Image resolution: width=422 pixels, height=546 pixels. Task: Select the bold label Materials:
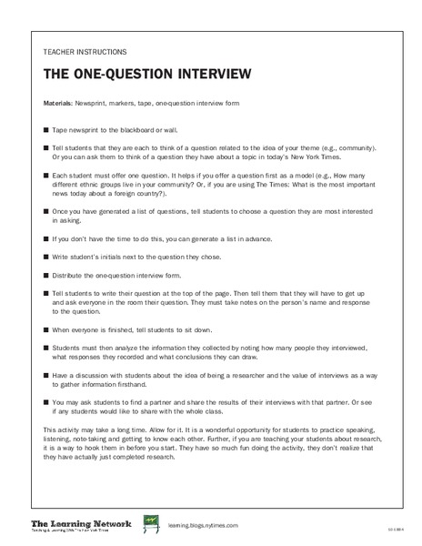point(60,104)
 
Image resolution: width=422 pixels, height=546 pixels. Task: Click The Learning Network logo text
point(82,522)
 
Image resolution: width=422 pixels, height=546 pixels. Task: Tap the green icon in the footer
point(150,523)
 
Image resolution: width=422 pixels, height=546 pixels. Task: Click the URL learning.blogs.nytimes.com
point(203,525)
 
